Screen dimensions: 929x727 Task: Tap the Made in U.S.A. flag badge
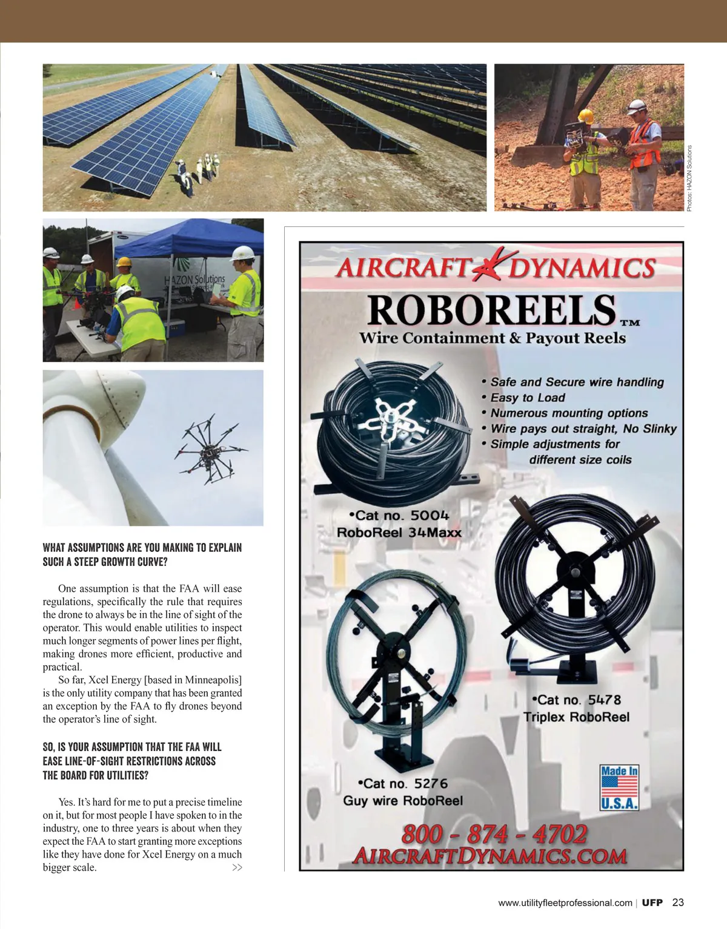tap(619, 787)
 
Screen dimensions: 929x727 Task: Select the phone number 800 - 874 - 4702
tap(494, 834)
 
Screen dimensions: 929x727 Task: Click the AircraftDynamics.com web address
tap(490, 856)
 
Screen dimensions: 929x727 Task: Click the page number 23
tap(678, 902)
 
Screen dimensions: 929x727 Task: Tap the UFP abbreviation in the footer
tap(652, 902)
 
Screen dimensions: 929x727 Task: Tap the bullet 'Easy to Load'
tap(527, 398)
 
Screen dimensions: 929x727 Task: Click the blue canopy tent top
tap(182, 239)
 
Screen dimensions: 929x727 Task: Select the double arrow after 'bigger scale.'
tap(237, 868)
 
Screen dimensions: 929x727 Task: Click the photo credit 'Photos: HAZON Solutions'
tap(689, 179)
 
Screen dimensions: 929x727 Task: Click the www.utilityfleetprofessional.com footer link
tap(565, 903)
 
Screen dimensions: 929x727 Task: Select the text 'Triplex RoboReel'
tap(576, 717)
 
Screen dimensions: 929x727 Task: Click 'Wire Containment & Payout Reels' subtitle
tap(493, 338)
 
